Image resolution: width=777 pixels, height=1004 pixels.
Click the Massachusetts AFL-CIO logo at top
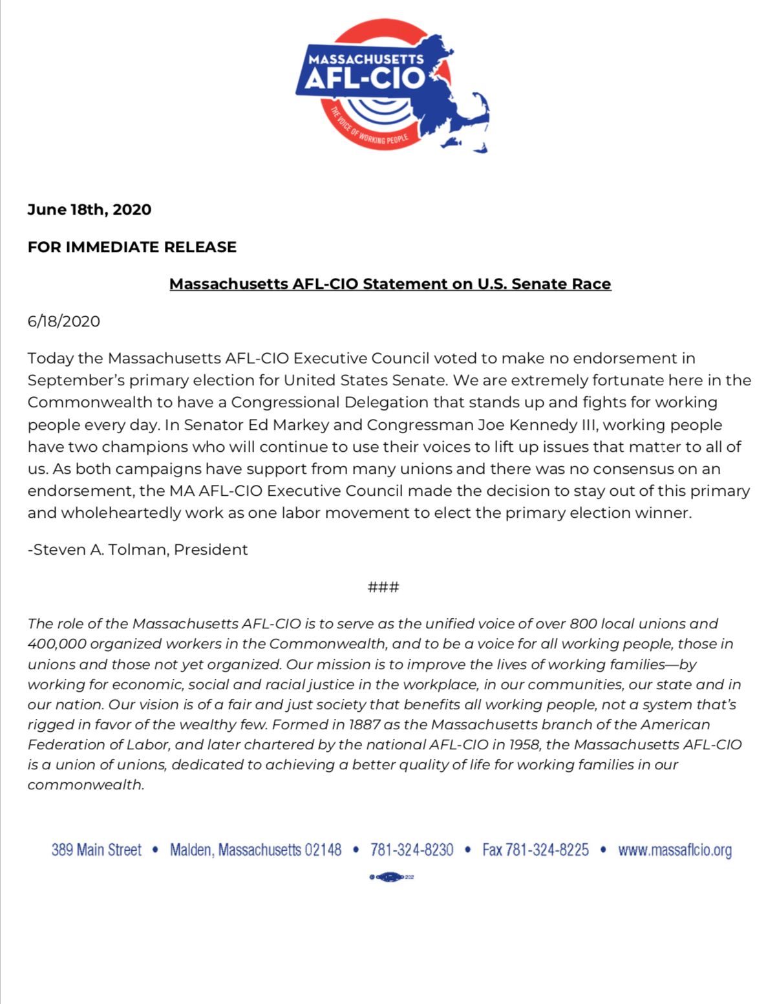pos(390,85)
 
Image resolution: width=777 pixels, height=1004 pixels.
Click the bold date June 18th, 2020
pos(89,209)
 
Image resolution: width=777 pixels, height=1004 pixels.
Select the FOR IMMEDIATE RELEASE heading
pos(132,247)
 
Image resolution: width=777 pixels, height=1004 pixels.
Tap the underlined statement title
pos(390,284)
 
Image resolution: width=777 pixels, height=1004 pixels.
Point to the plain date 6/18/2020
pos(63,321)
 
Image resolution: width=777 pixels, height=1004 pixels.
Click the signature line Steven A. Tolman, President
pos(138,550)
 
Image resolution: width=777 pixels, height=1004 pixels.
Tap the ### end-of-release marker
pos(383,587)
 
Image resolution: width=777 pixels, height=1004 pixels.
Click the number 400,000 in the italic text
pos(57,644)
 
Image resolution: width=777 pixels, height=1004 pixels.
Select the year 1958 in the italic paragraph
pos(524,745)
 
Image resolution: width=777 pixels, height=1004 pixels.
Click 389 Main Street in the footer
pos(96,850)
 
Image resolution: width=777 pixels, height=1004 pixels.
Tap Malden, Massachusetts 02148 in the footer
pos(255,850)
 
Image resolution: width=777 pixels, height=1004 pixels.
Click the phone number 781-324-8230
pos(412,850)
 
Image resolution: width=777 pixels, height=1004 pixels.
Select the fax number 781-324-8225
pos(547,850)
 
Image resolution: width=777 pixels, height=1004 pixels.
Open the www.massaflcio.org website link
pos(675,850)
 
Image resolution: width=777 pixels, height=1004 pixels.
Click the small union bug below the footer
pos(391,877)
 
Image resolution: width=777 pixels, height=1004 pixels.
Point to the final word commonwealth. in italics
pos(85,785)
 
